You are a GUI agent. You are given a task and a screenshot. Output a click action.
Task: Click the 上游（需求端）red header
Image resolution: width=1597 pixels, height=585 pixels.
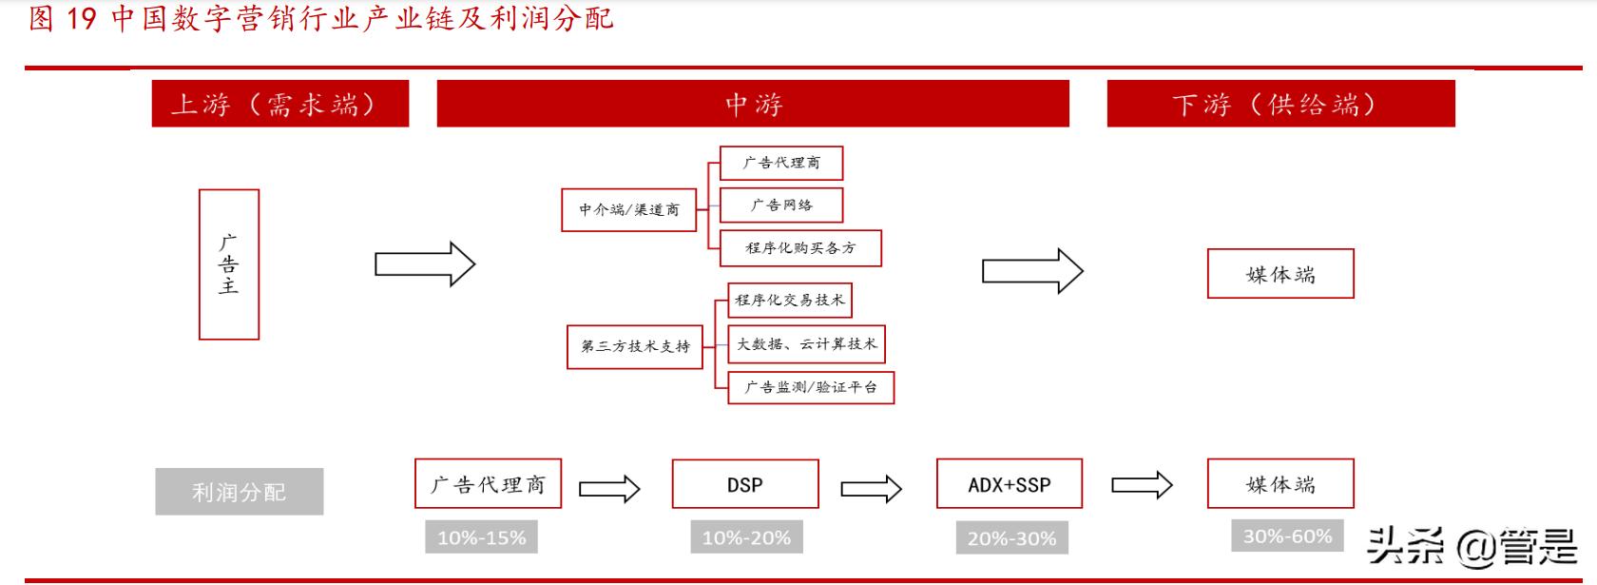[x=279, y=104]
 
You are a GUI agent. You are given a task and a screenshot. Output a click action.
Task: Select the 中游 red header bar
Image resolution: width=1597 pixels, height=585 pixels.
[x=752, y=104]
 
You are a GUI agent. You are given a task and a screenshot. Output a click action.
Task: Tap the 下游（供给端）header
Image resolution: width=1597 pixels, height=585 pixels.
[x=1280, y=104]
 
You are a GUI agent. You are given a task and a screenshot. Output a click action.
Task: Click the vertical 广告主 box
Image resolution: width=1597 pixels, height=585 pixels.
[x=228, y=264]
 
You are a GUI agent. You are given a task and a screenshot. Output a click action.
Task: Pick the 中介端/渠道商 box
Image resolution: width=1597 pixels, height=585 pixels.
[x=628, y=209]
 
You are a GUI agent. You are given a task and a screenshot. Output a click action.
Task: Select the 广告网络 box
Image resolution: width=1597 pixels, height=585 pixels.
[x=780, y=205]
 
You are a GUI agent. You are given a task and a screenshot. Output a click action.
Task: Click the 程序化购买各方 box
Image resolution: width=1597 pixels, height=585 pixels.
[x=800, y=248]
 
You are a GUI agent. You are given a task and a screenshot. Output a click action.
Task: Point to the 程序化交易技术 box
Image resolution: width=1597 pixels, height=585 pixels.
[x=789, y=301]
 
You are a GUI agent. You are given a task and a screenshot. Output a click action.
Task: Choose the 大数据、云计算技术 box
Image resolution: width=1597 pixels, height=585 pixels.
[x=806, y=344]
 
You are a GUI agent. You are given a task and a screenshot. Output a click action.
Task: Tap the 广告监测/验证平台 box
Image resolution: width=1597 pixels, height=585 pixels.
[x=810, y=387]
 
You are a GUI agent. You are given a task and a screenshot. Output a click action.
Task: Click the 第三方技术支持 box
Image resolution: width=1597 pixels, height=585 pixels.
[x=635, y=346]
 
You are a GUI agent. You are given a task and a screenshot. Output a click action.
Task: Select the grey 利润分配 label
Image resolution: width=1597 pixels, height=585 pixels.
[x=239, y=492]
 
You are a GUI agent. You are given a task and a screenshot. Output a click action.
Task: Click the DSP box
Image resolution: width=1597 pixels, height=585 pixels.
[x=744, y=485]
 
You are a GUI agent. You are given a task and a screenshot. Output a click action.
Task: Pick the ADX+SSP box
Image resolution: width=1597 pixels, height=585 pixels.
[x=1009, y=485]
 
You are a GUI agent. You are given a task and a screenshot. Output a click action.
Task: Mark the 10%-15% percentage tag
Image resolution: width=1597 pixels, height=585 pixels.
[x=481, y=537]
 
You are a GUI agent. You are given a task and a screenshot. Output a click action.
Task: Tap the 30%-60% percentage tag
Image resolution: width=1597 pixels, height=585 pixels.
[x=1287, y=536]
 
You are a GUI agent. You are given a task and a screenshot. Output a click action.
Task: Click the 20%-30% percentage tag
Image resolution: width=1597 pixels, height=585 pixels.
[x=1011, y=538]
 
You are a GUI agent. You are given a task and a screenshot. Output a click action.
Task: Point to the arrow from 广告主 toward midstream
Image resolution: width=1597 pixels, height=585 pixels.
[x=424, y=264]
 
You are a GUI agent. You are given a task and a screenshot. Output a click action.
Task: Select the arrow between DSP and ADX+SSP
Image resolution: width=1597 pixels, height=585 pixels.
[x=871, y=489]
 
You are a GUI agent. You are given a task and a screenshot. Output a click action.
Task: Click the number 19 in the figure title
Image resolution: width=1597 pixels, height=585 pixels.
[x=82, y=18]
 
